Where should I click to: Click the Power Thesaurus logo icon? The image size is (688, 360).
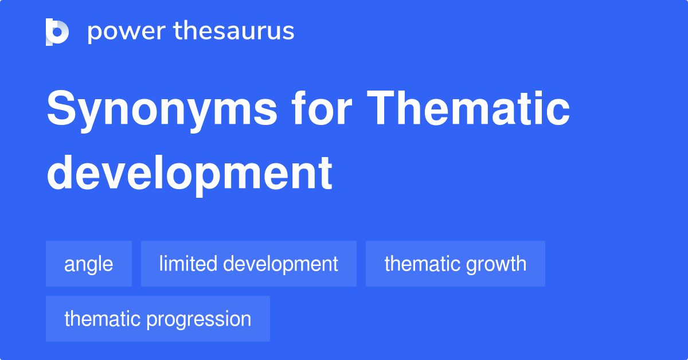click(57, 32)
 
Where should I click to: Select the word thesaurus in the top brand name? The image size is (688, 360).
click(234, 32)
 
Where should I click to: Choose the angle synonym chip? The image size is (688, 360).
click(89, 264)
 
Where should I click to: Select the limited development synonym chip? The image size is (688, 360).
click(249, 264)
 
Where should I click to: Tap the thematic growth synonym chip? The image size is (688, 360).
click(455, 264)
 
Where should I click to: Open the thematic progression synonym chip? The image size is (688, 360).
click(158, 319)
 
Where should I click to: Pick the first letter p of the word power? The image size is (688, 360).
click(93, 33)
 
